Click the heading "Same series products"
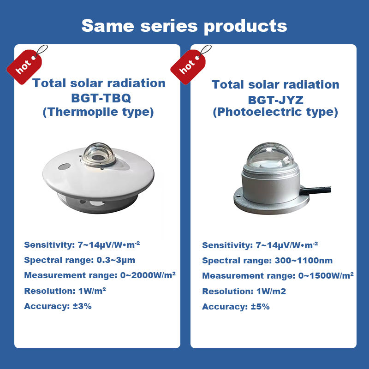[x=184, y=26]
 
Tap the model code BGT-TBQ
[x=101, y=98]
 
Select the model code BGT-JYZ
[x=275, y=100]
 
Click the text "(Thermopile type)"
[x=98, y=112]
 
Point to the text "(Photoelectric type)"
[x=275, y=112]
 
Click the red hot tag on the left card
[x=25, y=66]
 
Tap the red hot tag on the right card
[x=188, y=66]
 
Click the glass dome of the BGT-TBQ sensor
[x=98, y=154]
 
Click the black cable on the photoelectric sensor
[x=315, y=190]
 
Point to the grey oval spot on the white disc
[x=64, y=167]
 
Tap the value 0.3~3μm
[x=116, y=260]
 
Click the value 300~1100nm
[x=304, y=261]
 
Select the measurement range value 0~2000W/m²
[x=148, y=275]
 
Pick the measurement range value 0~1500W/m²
[x=326, y=275]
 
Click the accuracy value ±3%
[x=82, y=306]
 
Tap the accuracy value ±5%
[x=260, y=307]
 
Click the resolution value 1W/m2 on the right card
[x=271, y=292]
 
